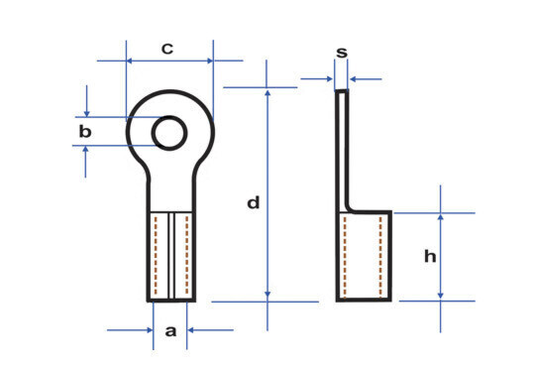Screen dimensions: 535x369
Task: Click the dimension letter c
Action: (167, 49)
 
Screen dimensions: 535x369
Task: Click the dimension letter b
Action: (85, 131)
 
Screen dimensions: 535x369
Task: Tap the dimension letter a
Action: (170, 330)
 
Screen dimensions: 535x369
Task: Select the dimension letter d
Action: (254, 202)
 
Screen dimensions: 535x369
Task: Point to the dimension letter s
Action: (342, 53)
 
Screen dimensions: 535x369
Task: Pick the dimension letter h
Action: (430, 256)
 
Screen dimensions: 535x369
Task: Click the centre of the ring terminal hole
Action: (169, 133)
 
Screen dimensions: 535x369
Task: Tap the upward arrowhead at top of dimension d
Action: (267, 92)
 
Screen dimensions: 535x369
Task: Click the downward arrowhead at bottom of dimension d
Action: (267, 295)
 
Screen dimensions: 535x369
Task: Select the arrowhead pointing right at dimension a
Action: (150, 330)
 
